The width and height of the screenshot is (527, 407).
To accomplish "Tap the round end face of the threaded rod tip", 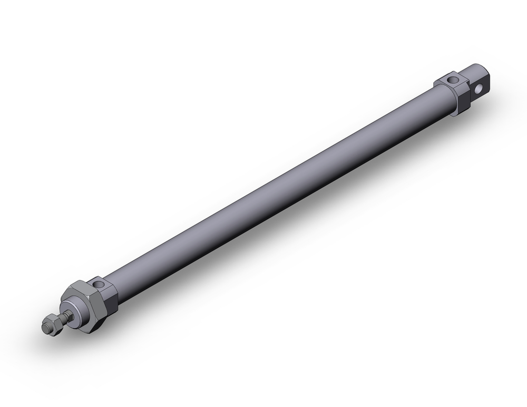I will pyautogui.click(x=45, y=327).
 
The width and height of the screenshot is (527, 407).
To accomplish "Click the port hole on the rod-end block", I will pyautogui.click(x=100, y=285).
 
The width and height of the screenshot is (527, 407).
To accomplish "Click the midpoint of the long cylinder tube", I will pyautogui.click(x=279, y=190).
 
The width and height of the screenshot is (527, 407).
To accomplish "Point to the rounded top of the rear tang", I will pyautogui.click(x=477, y=68).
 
